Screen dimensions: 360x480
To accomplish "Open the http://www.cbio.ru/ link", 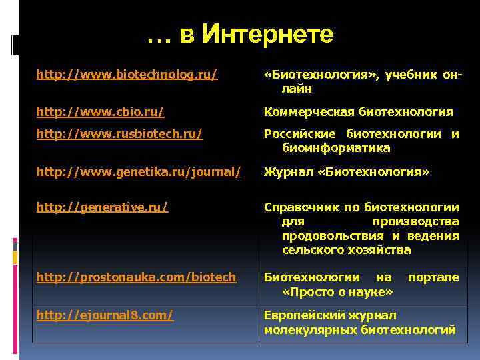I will click(100, 111).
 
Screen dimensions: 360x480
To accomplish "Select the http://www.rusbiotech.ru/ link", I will click(119, 134).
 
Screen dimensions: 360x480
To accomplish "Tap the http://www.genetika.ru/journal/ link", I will click(138, 172).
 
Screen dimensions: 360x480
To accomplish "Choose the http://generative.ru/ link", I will click(102, 207).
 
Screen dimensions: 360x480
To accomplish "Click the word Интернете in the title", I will click(267, 34).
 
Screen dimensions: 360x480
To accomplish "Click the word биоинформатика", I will click(336, 147).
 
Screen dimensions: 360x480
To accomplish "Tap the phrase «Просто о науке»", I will click(337, 292).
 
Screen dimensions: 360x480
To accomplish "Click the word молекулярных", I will click(305, 329).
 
